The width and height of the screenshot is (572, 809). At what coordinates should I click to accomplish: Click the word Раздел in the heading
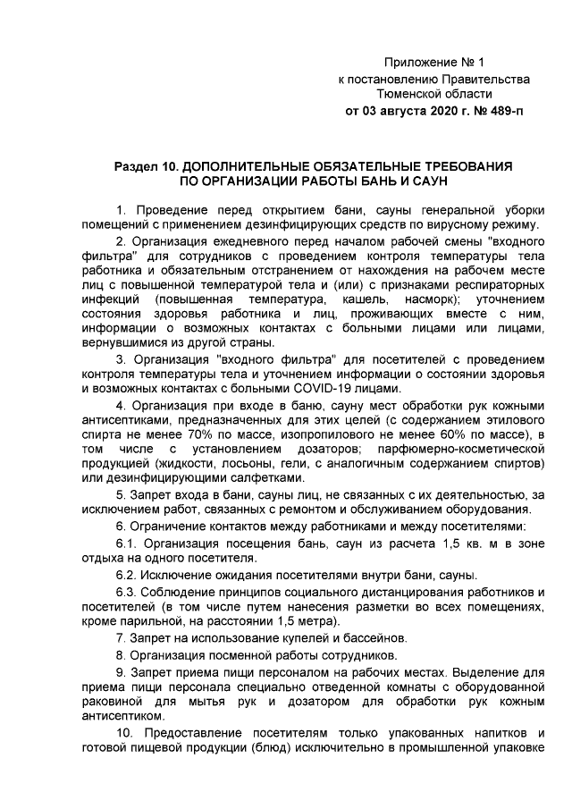coord(137,167)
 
